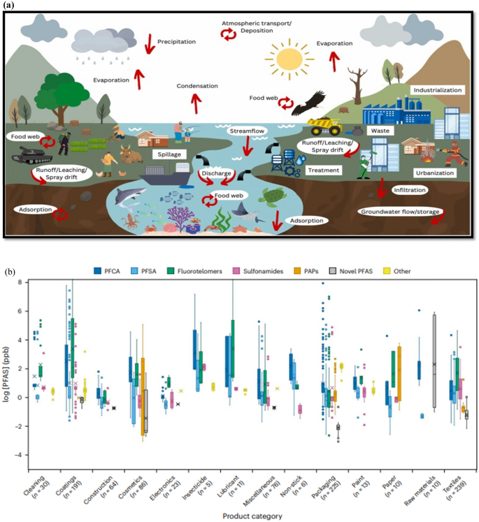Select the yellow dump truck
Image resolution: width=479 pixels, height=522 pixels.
[325, 125]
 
